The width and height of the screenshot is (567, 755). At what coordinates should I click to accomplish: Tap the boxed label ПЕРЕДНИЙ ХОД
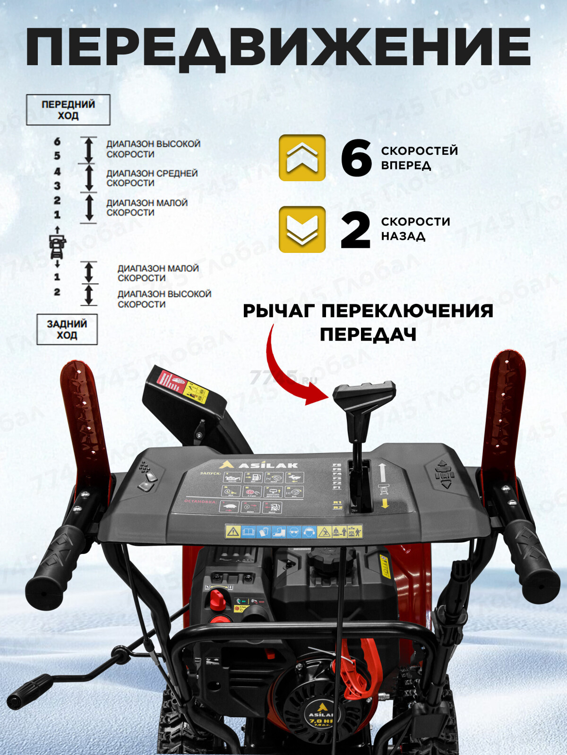pos(68,110)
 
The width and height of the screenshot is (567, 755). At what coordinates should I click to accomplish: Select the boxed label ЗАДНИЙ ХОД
pos(67,329)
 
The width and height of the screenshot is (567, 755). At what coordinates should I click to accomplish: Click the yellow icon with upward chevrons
pos(302,158)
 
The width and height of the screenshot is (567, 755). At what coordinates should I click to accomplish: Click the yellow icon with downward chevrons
pos(302,229)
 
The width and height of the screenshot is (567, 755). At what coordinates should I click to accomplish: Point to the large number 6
pos(356,158)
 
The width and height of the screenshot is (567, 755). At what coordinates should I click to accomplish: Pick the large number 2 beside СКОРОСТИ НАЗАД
pos(355,230)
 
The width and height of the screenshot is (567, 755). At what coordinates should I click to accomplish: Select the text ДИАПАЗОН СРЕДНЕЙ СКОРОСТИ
pos(151,178)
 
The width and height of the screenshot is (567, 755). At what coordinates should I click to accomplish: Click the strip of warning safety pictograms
pos(293,532)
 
